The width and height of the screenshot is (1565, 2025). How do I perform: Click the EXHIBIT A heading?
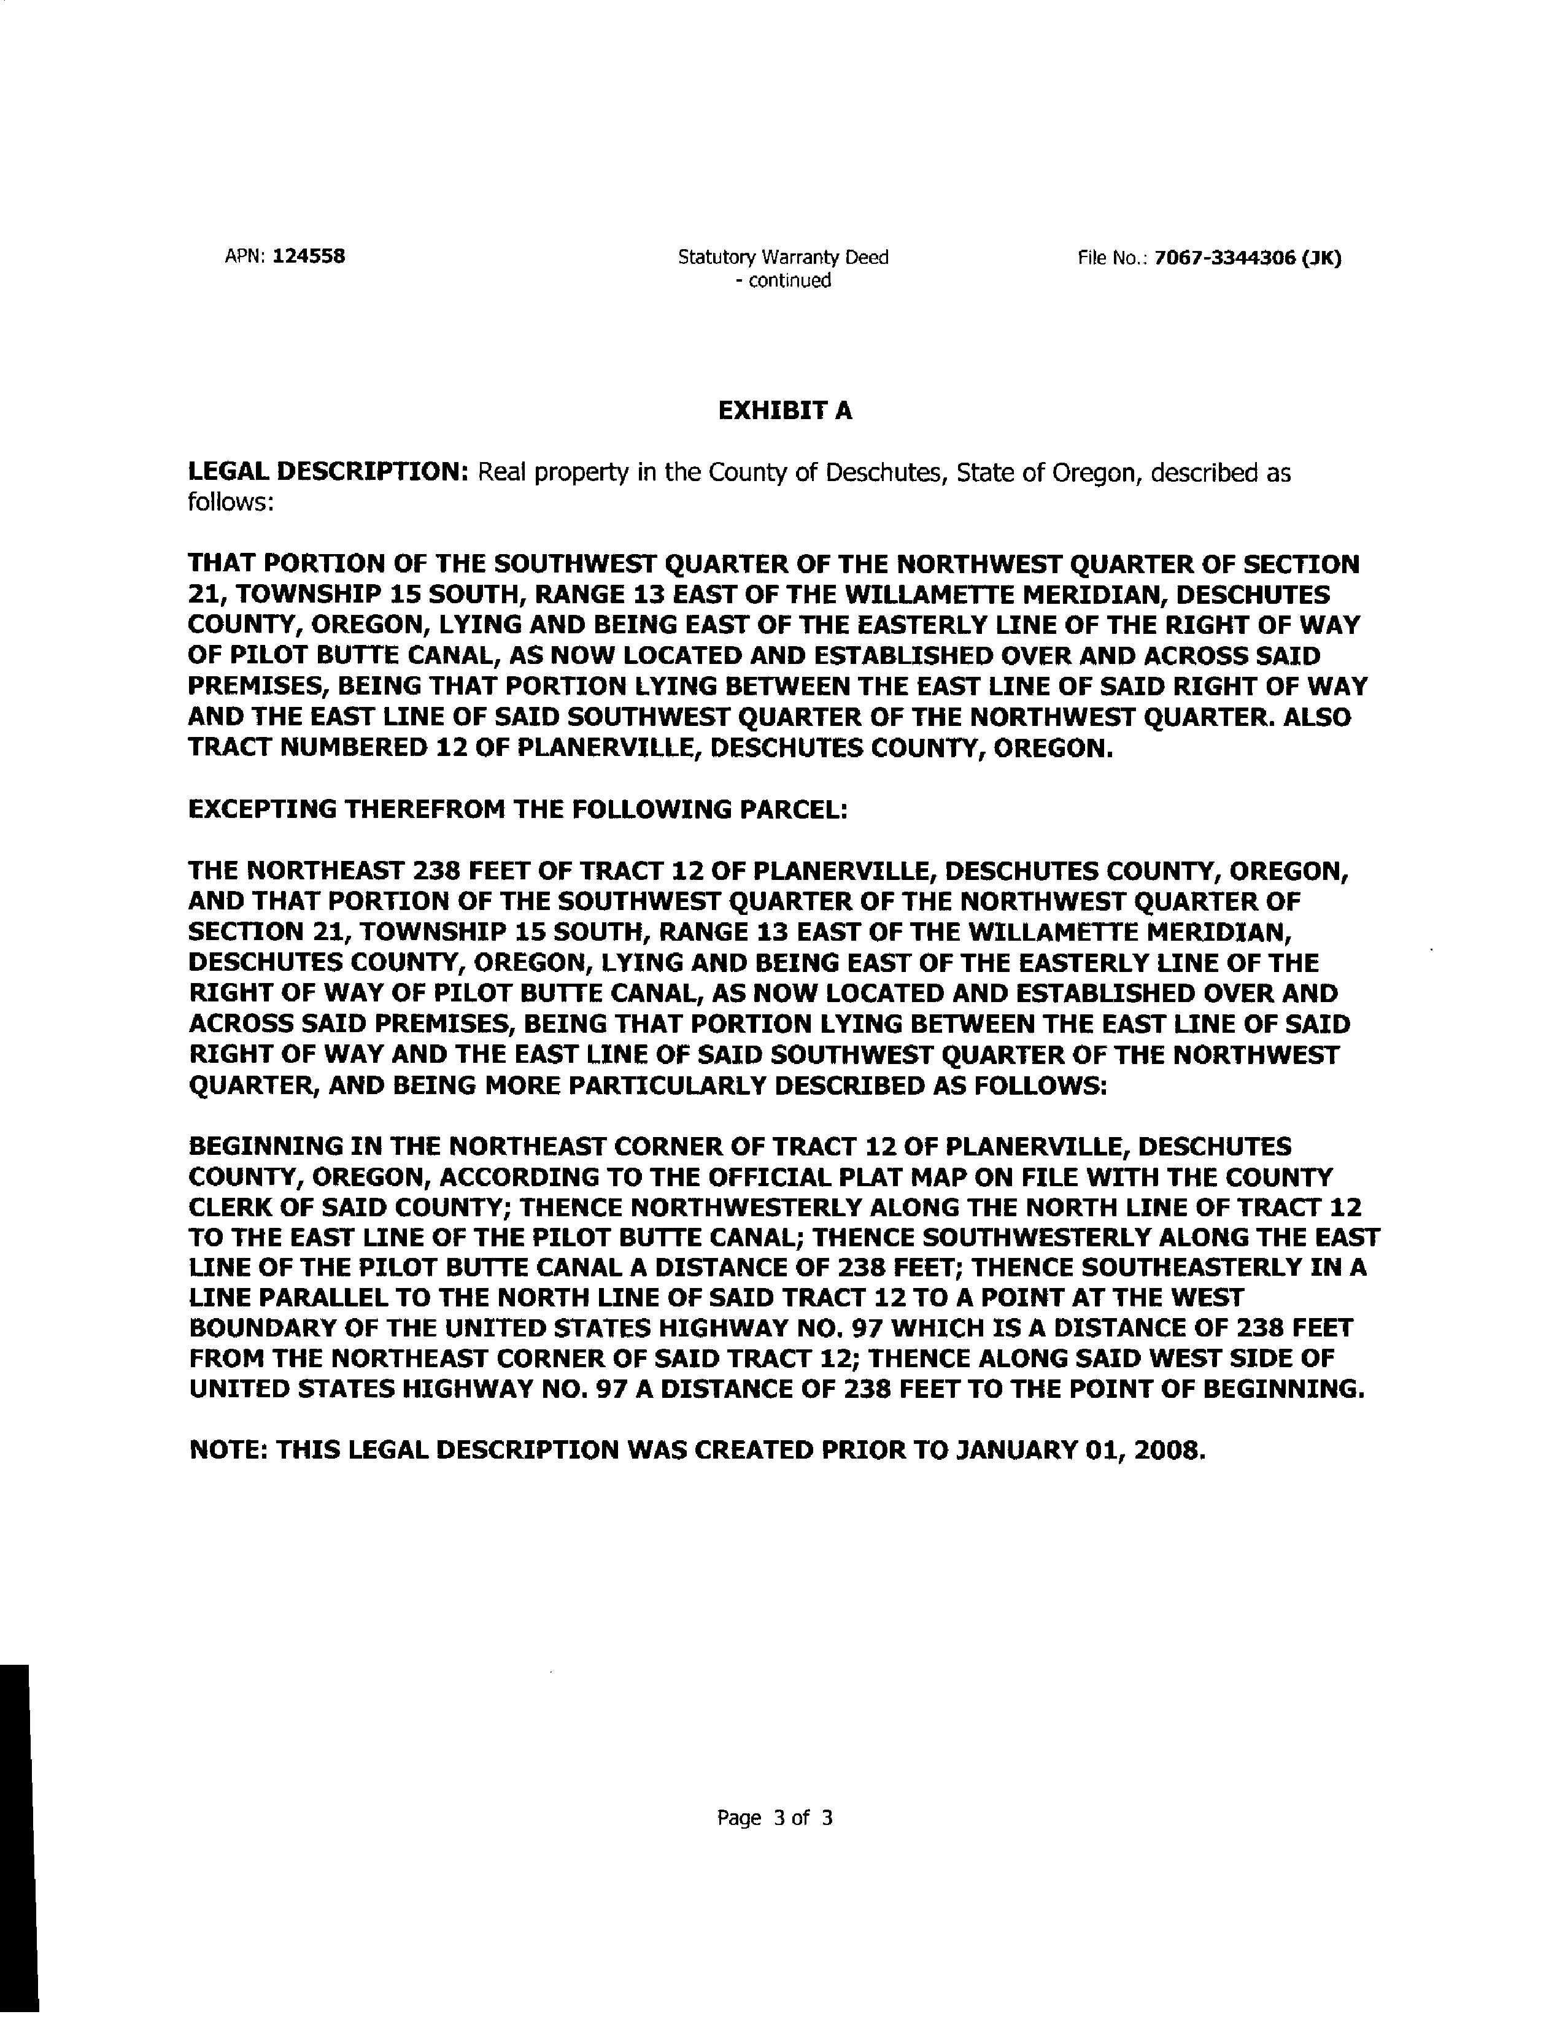(784, 411)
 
